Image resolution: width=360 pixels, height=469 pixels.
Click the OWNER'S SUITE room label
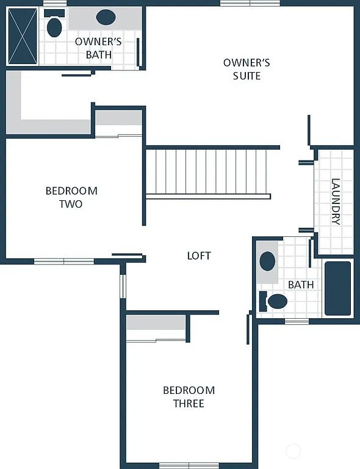pyautogui.click(x=246, y=69)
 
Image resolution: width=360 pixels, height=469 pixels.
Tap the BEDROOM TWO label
pyautogui.click(x=71, y=197)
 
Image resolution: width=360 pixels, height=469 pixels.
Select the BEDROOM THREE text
pyautogui.click(x=189, y=397)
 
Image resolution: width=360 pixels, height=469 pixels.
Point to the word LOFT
pyautogui.click(x=199, y=255)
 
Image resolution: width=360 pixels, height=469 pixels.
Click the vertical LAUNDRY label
pyautogui.click(x=335, y=202)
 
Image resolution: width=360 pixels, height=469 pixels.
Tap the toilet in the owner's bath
pyautogui.click(x=55, y=25)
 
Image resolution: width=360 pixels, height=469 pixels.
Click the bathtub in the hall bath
pyautogui.click(x=337, y=288)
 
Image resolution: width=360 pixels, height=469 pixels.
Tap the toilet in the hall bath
pyautogui.click(x=274, y=300)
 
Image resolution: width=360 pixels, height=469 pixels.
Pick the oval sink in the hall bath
pyautogui.click(x=267, y=261)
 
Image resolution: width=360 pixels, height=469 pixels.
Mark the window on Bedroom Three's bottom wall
pyautogui.click(x=189, y=465)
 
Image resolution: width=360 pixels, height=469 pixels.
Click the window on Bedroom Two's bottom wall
pyautogui.click(x=63, y=261)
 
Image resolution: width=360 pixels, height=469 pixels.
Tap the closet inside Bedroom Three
pyautogui.click(x=156, y=328)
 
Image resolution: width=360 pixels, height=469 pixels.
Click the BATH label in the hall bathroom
pyautogui.click(x=301, y=285)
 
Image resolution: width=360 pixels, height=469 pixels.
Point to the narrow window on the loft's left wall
pyautogui.click(x=123, y=286)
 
